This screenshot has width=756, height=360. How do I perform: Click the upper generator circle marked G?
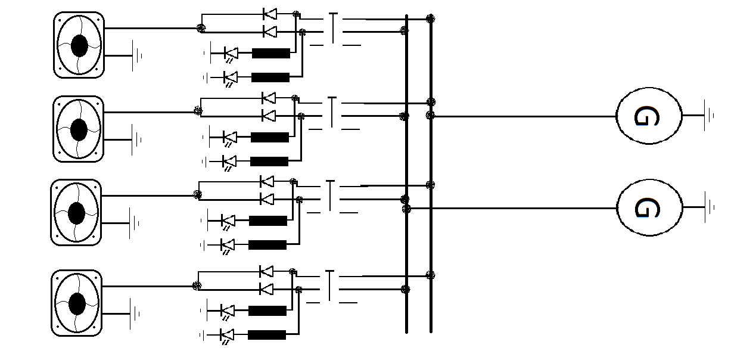(x=648, y=117)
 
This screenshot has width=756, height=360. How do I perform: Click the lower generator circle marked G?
(x=649, y=208)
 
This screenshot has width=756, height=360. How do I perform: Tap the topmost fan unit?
(x=79, y=45)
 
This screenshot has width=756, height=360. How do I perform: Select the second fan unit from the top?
(x=78, y=129)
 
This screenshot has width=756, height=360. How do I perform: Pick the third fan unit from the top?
(x=76, y=212)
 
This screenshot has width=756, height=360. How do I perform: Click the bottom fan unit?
(x=76, y=303)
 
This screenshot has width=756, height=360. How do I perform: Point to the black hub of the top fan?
(x=79, y=45)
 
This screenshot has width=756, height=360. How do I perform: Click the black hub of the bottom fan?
(x=76, y=303)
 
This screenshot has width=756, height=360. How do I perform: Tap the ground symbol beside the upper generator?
(x=708, y=116)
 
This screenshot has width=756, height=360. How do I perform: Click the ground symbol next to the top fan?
(x=136, y=56)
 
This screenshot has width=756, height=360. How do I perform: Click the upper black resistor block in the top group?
(x=271, y=54)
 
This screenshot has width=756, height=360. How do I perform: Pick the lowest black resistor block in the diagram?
(x=267, y=334)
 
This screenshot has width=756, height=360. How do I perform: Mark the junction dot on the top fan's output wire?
(x=201, y=27)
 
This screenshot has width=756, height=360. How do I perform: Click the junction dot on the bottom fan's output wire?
(x=196, y=286)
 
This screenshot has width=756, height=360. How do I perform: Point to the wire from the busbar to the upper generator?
(x=524, y=116)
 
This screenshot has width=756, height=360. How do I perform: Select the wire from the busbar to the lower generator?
(x=512, y=209)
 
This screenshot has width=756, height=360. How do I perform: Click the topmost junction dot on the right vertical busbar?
(x=430, y=19)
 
